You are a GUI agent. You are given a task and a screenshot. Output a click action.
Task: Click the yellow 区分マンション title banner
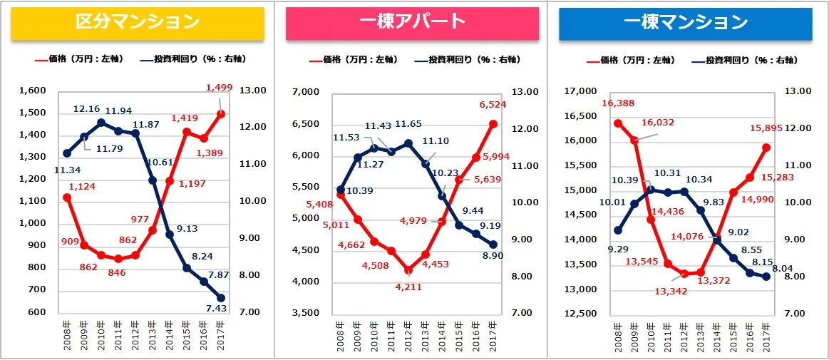(x=137, y=23)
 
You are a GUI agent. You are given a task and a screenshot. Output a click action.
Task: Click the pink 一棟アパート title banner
(x=411, y=23)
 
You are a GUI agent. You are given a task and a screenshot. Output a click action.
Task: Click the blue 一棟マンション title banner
(x=685, y=23)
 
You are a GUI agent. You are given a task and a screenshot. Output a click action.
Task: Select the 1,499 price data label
(x=219, y=88)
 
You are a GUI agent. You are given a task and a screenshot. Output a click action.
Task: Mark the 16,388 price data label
(x=617, y=103)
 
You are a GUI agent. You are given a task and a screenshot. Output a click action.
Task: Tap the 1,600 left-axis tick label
(x=34, y=91)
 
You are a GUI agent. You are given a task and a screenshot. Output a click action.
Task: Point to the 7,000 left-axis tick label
(x=308, y=93)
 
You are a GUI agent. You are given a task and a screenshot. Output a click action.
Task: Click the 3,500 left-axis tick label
(x=308, y=313)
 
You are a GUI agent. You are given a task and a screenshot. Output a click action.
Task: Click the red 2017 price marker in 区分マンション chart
(x=222, y=114)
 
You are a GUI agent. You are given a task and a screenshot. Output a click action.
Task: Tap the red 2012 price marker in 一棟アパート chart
(x=407, y=270)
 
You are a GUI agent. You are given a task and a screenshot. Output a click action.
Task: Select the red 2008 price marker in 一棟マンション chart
(x=617, y=123)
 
